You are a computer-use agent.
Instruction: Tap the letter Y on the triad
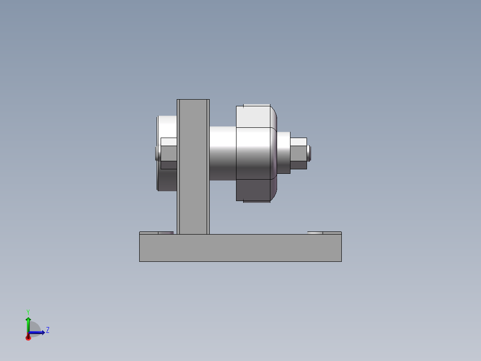coord(28,312)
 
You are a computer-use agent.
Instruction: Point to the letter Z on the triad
coord(47,330)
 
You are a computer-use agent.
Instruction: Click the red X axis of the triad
coord(28,337)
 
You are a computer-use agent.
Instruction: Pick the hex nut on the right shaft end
coord(299,153)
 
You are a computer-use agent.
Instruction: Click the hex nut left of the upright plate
coord(169,153)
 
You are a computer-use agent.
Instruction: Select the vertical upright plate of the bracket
coord(193,165)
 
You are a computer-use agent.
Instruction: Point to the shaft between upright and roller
coord(222,153)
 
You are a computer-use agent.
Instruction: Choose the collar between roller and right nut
coord(284,153)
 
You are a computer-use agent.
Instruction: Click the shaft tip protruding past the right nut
coord(309,153)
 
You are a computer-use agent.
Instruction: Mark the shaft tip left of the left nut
coord(157,153)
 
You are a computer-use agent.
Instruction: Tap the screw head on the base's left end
coord(166,233)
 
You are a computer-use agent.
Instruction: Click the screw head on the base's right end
coord(315,233)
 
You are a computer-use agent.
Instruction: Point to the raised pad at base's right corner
coord(332,233)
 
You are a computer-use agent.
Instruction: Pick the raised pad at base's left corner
coord(149,233)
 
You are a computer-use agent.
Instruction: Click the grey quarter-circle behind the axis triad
coord(36,327)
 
